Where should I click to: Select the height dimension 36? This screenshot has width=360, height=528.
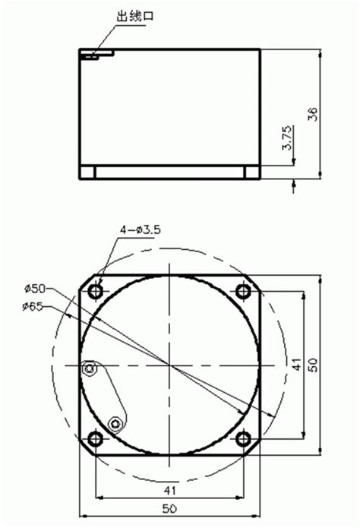point(313,113)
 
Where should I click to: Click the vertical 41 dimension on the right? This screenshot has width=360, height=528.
point(297,365)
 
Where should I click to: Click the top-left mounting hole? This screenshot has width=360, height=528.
point(96,292)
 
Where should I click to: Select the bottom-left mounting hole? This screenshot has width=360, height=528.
point(96,439)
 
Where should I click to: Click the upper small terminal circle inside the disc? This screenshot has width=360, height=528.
point(90,369)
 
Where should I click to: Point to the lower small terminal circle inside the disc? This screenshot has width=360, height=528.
point(115,422)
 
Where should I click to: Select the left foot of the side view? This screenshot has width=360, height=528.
point(89,172)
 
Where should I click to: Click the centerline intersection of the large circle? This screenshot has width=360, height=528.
point(170,365)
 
